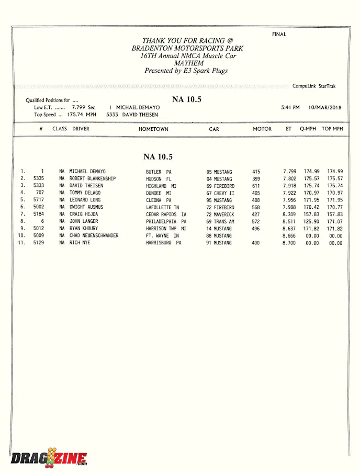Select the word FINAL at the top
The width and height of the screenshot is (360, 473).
[x=279, y=35]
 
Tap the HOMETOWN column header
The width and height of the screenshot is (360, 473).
[x=153, y=129]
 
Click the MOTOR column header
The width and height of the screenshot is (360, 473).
[x=262, y=129]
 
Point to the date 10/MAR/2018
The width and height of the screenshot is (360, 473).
[x=324, y=107]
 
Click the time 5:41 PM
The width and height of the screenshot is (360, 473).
[x=290, y=107]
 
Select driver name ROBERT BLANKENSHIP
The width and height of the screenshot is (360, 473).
[x=93, y=179]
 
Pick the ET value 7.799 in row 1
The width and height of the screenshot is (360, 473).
[x=289, y=172]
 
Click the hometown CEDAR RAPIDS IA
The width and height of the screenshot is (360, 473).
[x=166, y=215]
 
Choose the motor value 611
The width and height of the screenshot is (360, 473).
[x=256, y=186]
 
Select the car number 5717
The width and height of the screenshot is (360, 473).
[x=38, y=200]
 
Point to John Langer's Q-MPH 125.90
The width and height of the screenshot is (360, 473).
[x=311, y=221]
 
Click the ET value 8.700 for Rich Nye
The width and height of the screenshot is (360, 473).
[x=289, y=243]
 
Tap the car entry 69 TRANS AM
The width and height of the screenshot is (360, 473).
[x=220, y=221]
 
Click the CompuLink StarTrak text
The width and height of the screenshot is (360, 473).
[x=314, y=86]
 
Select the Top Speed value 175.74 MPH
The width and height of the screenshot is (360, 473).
[x=82, y=115]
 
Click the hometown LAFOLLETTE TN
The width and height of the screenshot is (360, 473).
[x=162, y=207]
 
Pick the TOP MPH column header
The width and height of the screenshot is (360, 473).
[x=332, y=129]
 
